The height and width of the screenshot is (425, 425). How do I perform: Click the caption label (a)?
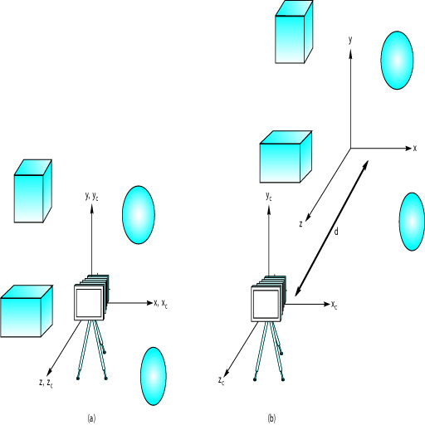tap(91, 418)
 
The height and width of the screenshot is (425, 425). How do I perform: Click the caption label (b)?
tap(271, 418)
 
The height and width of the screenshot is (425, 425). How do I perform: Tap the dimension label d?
tap(336, 232)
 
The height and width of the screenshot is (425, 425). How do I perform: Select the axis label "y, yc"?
tap(91, 197)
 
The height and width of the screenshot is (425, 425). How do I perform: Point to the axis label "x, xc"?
tap(160, 303)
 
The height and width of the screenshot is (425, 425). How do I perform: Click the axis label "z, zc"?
tap(46, 383)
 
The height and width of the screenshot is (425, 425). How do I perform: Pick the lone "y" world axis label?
tap(350, 41)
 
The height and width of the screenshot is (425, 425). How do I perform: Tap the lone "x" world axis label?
tap(415, 149)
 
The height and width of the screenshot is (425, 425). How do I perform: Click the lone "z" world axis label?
tap(300, 224)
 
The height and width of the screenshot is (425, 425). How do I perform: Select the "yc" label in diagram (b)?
tap(269, 197)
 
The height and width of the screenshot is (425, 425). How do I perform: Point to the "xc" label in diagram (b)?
tap(335, 305)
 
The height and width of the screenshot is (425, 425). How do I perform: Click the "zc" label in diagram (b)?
tap(221, 381)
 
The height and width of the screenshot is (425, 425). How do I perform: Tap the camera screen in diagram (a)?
tap(89, 303)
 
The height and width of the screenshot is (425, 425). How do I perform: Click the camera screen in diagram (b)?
tap(266, 304)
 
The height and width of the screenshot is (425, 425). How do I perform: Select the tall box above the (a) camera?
tap(33, 191)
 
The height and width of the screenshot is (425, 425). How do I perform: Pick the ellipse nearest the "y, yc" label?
tap(139, 215)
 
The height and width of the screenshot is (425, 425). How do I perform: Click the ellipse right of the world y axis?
tap(397, 60)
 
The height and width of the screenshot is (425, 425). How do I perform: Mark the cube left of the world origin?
tap(286, 157)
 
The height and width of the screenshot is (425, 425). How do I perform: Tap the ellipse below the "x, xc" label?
tap(154, 376)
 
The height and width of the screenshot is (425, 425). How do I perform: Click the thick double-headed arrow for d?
tap(332, 228)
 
